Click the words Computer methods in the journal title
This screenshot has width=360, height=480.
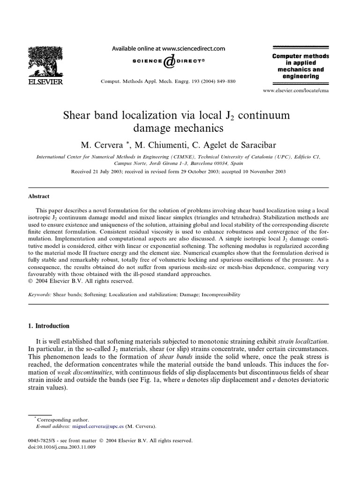pyautogui.click(x=300, y=56)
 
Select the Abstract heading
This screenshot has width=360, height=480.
pyautogui.click(x=38, y=196)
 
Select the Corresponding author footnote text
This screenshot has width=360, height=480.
pyautogui.click(x=62, y=420)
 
